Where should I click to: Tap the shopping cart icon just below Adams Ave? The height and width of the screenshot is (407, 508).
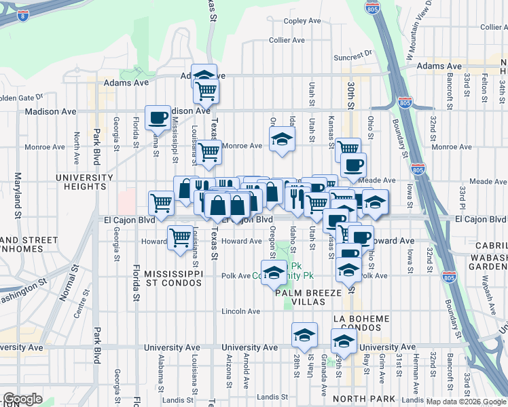coord(205,90)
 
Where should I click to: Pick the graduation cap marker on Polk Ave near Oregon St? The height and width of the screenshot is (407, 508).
coord(273,273)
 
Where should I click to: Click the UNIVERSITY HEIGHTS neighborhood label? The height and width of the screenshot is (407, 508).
coord(86,182)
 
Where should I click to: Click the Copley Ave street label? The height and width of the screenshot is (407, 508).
coord(302,21)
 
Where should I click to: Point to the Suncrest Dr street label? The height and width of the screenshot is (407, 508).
coord(353,55)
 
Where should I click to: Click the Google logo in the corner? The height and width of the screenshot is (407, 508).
coord(23,399)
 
